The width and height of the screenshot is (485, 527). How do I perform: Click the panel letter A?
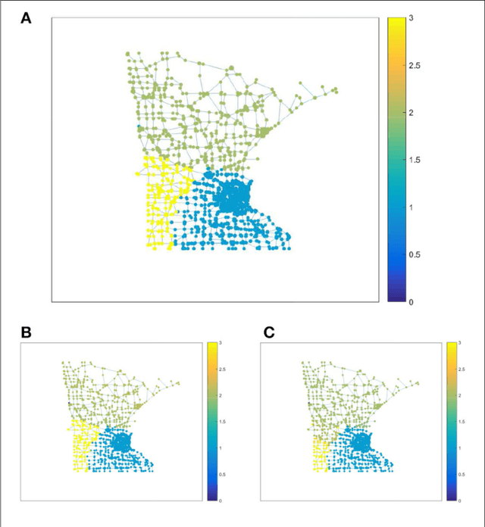click(26, 19)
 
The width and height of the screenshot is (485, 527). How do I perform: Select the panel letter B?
click(26, 332)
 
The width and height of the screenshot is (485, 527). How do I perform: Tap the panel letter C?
click(268, 332)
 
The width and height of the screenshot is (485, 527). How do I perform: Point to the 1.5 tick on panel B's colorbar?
click(221, 422)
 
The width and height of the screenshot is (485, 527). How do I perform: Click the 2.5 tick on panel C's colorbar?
click(462, 370)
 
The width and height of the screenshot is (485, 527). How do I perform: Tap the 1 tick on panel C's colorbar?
click(460, 448)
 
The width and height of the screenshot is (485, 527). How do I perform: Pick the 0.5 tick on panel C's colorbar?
click(462, 475)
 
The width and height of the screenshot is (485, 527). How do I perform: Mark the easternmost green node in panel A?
click(336, 91)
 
